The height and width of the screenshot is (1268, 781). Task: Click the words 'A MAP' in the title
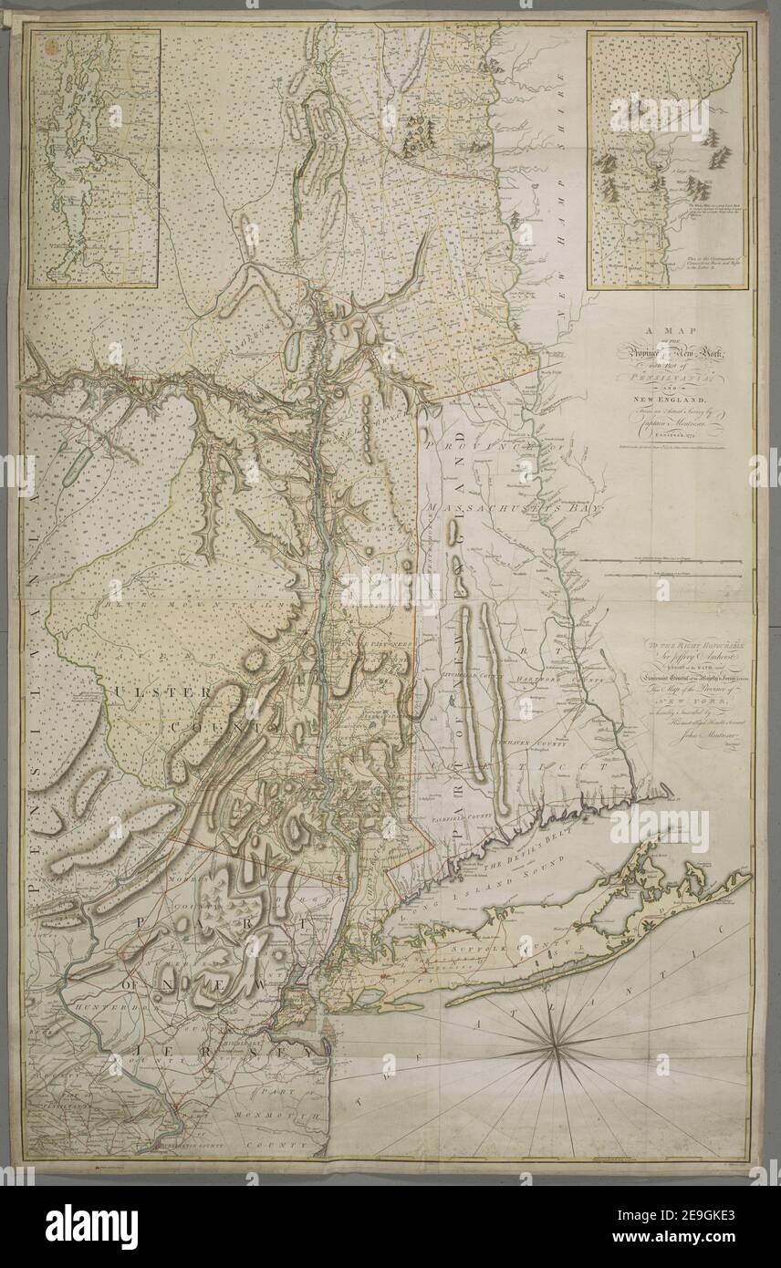(656, 335)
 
